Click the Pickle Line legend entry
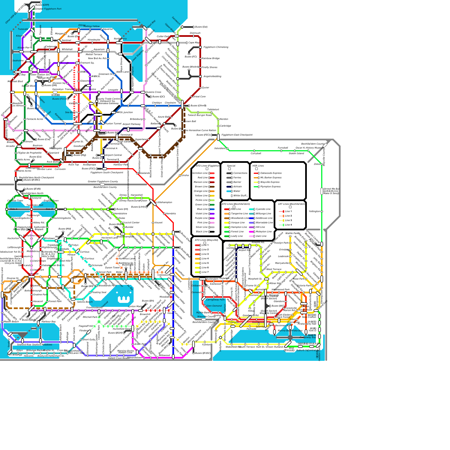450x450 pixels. coord(201,200)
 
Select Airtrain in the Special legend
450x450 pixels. coord(237,187)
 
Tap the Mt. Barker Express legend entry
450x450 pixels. coord(271,178)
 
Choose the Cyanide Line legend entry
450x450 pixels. coord(263,209)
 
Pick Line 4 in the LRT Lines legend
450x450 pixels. coord(288,225)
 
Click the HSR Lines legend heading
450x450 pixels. coord(258,166)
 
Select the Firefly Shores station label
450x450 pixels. coord(210,67)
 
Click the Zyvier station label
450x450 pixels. coord(206,88)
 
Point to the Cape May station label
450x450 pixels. coord(194,43)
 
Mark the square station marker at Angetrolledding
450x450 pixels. coord(200,76)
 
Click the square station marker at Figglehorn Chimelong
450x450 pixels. coord(200,47)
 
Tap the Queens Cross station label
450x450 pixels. coord(153,92)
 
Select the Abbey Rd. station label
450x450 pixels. coord(39,223)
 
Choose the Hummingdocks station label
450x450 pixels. coord(62,218)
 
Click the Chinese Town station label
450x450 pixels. coord(15,201)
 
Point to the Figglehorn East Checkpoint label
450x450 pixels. coord(237,135)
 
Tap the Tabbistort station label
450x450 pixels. coord(213,110)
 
